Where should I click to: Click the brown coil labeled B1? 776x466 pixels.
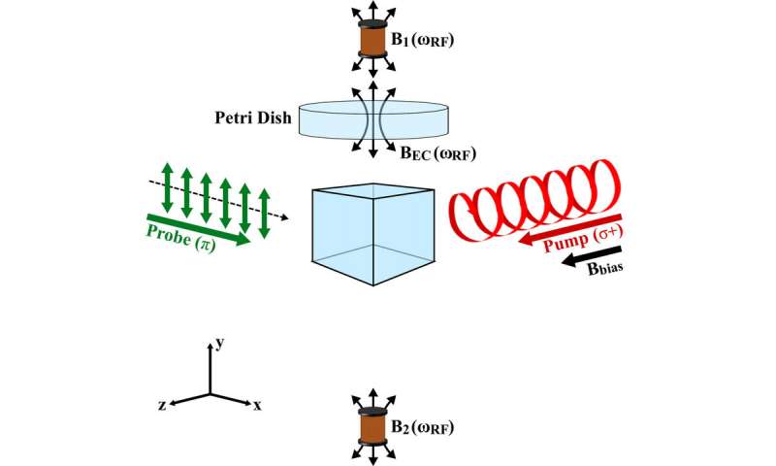(x=369, y=40)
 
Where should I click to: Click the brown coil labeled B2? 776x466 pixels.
(x=369, y=428)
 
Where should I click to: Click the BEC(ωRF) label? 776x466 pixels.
(x=437, y=152)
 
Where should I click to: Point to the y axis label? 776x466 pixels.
(x=220, y=342)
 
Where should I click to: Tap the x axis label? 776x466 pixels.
(x=258, y=407)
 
